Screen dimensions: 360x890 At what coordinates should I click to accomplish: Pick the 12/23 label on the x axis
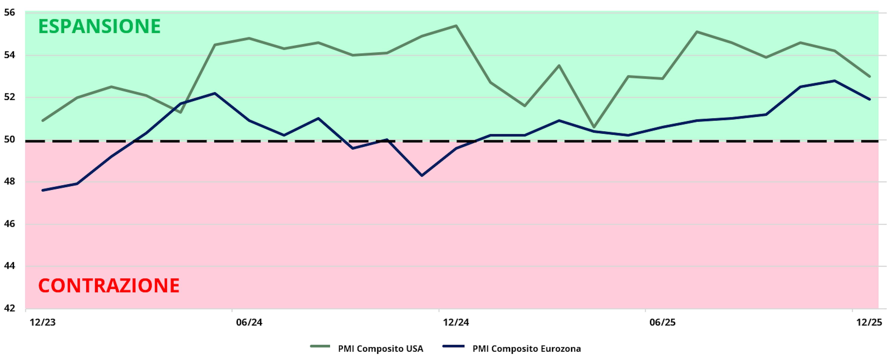click(42, 322)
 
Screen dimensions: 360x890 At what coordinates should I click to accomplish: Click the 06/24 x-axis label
click(249, 322)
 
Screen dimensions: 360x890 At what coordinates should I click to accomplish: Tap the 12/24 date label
click(456, 322)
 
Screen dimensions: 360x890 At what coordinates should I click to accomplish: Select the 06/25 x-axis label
click(662, 322)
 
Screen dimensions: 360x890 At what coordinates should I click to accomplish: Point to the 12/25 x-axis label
click(869, 322)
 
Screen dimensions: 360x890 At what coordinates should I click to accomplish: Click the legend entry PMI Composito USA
click(380, 349)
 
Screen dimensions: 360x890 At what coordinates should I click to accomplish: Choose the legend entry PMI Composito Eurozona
click(526, 349)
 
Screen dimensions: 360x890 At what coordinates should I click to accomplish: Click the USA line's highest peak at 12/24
click(456, 25)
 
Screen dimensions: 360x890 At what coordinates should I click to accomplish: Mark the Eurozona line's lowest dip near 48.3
click(422, 175)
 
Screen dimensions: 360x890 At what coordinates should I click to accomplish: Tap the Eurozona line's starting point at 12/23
click(42, 190)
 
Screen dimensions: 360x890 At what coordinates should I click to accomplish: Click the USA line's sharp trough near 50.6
click(594, 127)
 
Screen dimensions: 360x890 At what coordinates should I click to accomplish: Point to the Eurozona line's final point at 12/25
click(869, 99)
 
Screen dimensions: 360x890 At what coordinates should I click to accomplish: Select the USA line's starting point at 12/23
click(42, 121)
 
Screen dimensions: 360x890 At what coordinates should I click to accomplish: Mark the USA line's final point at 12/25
click(869, 76)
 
